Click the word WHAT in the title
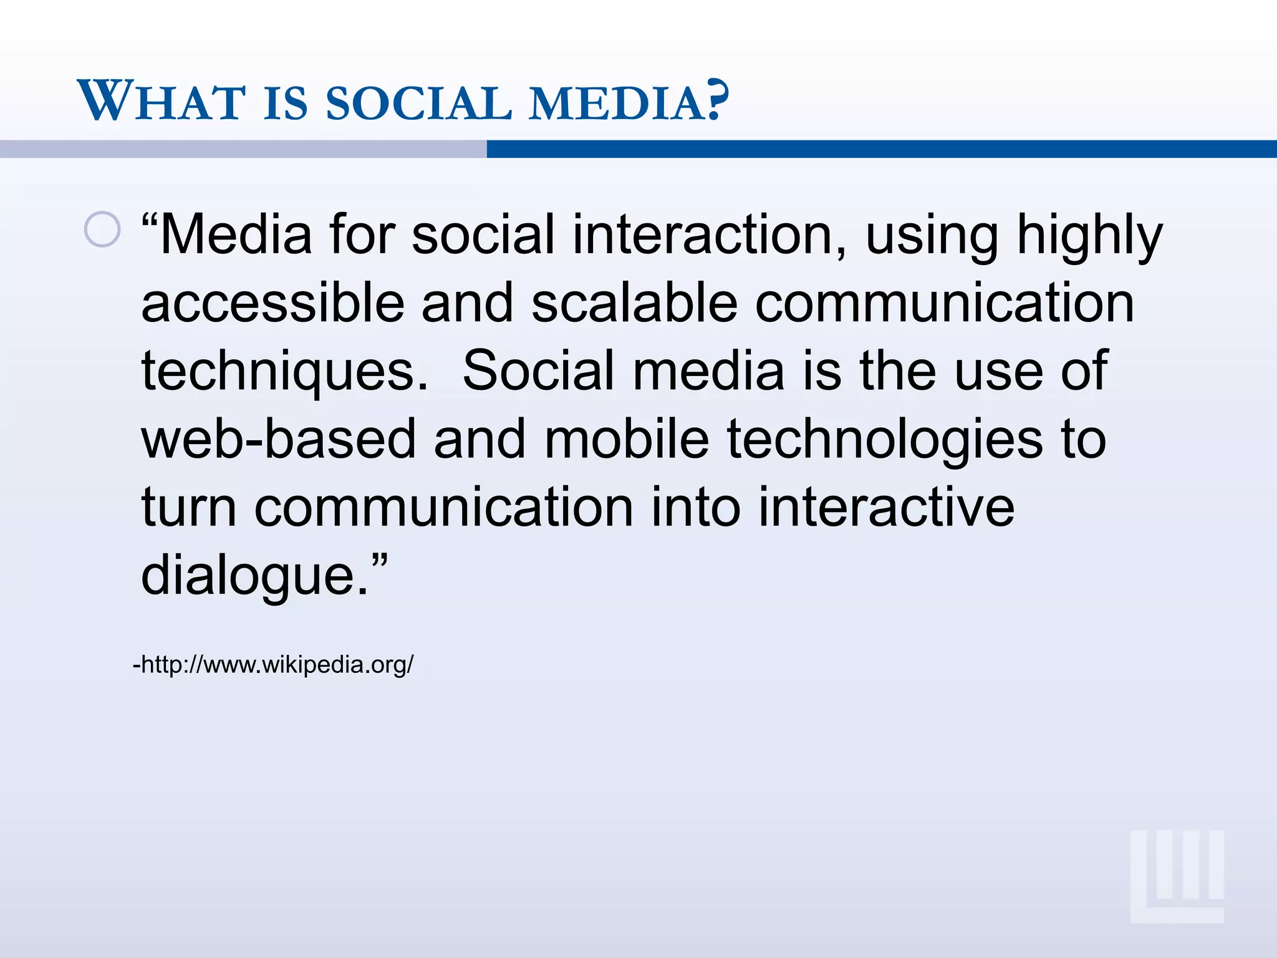[x=161, y=101]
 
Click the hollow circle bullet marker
[x=102, y=230]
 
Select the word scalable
[x=635, y=303]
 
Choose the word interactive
[x=886, y=507]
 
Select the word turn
[x=188, y=507]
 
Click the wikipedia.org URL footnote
[x=273, y=665]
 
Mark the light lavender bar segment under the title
[x=243, y=149]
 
